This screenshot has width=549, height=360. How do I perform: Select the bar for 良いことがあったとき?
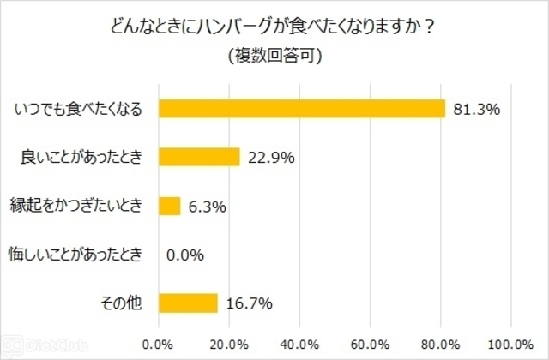tap(199, 157)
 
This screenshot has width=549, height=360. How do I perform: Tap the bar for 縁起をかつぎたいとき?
tap(170, 206)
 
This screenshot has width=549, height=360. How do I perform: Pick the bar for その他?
tap(188, 303)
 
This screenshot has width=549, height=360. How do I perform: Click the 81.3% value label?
tap(476, 109)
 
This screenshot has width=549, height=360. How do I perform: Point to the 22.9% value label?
tap(272, 158)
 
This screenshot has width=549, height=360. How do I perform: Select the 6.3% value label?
tap(206, 206)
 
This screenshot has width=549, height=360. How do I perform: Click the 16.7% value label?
tap(250, 303)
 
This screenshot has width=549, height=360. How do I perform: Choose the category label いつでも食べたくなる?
tap(78, 109)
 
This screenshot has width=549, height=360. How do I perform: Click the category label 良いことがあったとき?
tap(86, 157)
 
